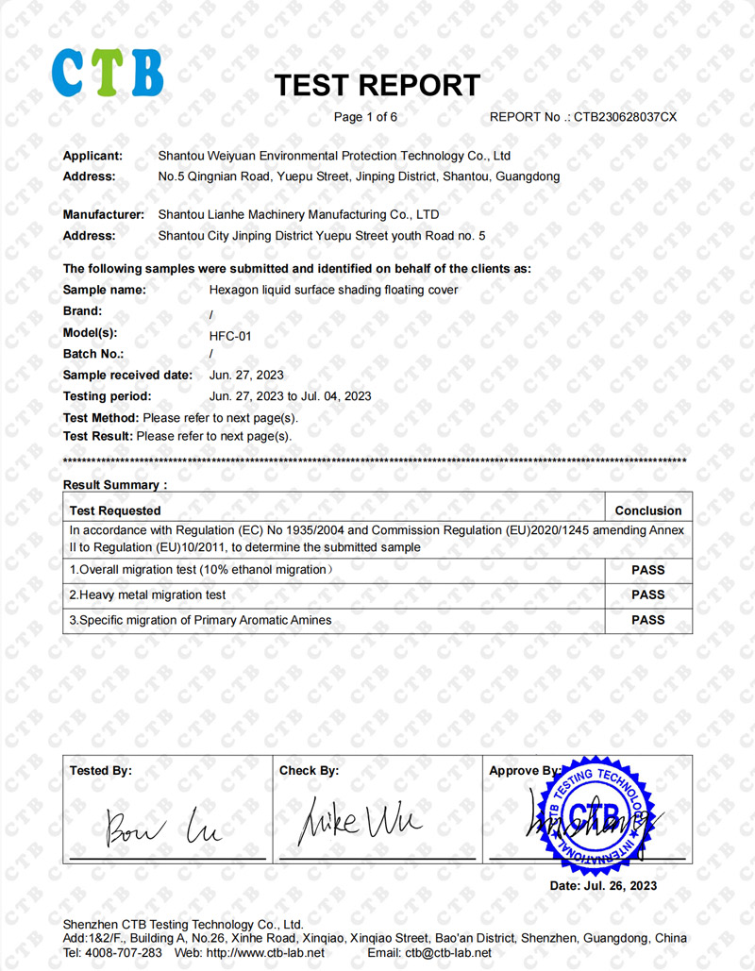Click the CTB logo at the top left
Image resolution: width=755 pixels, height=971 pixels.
click(x=107, y=73)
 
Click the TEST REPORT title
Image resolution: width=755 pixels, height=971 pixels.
click(x=377, y=85)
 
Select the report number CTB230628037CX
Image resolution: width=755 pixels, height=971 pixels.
click(x=626, y=118)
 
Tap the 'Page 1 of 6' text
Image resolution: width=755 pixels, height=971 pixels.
click(x=365, y=118)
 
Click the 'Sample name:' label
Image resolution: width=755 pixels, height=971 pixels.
click(x=104, y=291)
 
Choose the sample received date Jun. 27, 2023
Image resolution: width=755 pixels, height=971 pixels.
click(x=246, y=376)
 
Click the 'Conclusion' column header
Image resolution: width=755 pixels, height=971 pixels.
click(x=647, y=511)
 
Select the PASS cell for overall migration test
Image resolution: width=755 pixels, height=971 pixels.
click(x=647, y=570)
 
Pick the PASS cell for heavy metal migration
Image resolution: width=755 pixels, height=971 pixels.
click(x=647, y=595)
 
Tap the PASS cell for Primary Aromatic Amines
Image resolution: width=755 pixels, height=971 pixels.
click(x=647, y=620)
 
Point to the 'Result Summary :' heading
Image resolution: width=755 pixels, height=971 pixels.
click(x=115, y=485)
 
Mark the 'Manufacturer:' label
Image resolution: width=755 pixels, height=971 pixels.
click(x=103, y=215)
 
